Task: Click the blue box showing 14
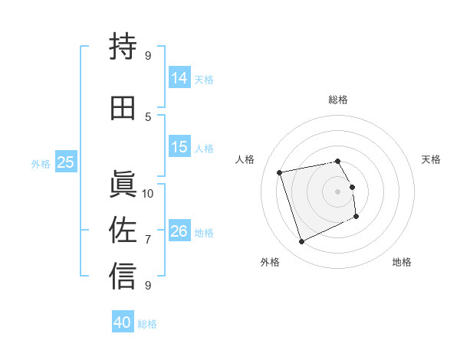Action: coord(179,78)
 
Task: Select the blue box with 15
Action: coord(179,147)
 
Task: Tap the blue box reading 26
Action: coord(179,231)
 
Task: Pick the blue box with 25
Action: coord(66,162)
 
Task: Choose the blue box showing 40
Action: coord(123,322)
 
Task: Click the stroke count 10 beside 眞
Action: coord(148,193)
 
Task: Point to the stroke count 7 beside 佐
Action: coord(148,239)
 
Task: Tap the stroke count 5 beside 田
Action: coord(148,116)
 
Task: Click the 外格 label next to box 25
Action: coord(41,163)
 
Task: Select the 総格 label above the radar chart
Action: coord(338,100)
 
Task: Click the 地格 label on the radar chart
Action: coord(402,262)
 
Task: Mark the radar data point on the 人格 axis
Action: coord(280,172)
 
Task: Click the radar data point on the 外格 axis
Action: coord(301,242)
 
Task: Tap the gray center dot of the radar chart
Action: coord(338,191)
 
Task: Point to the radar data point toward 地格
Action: coord(356,216)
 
